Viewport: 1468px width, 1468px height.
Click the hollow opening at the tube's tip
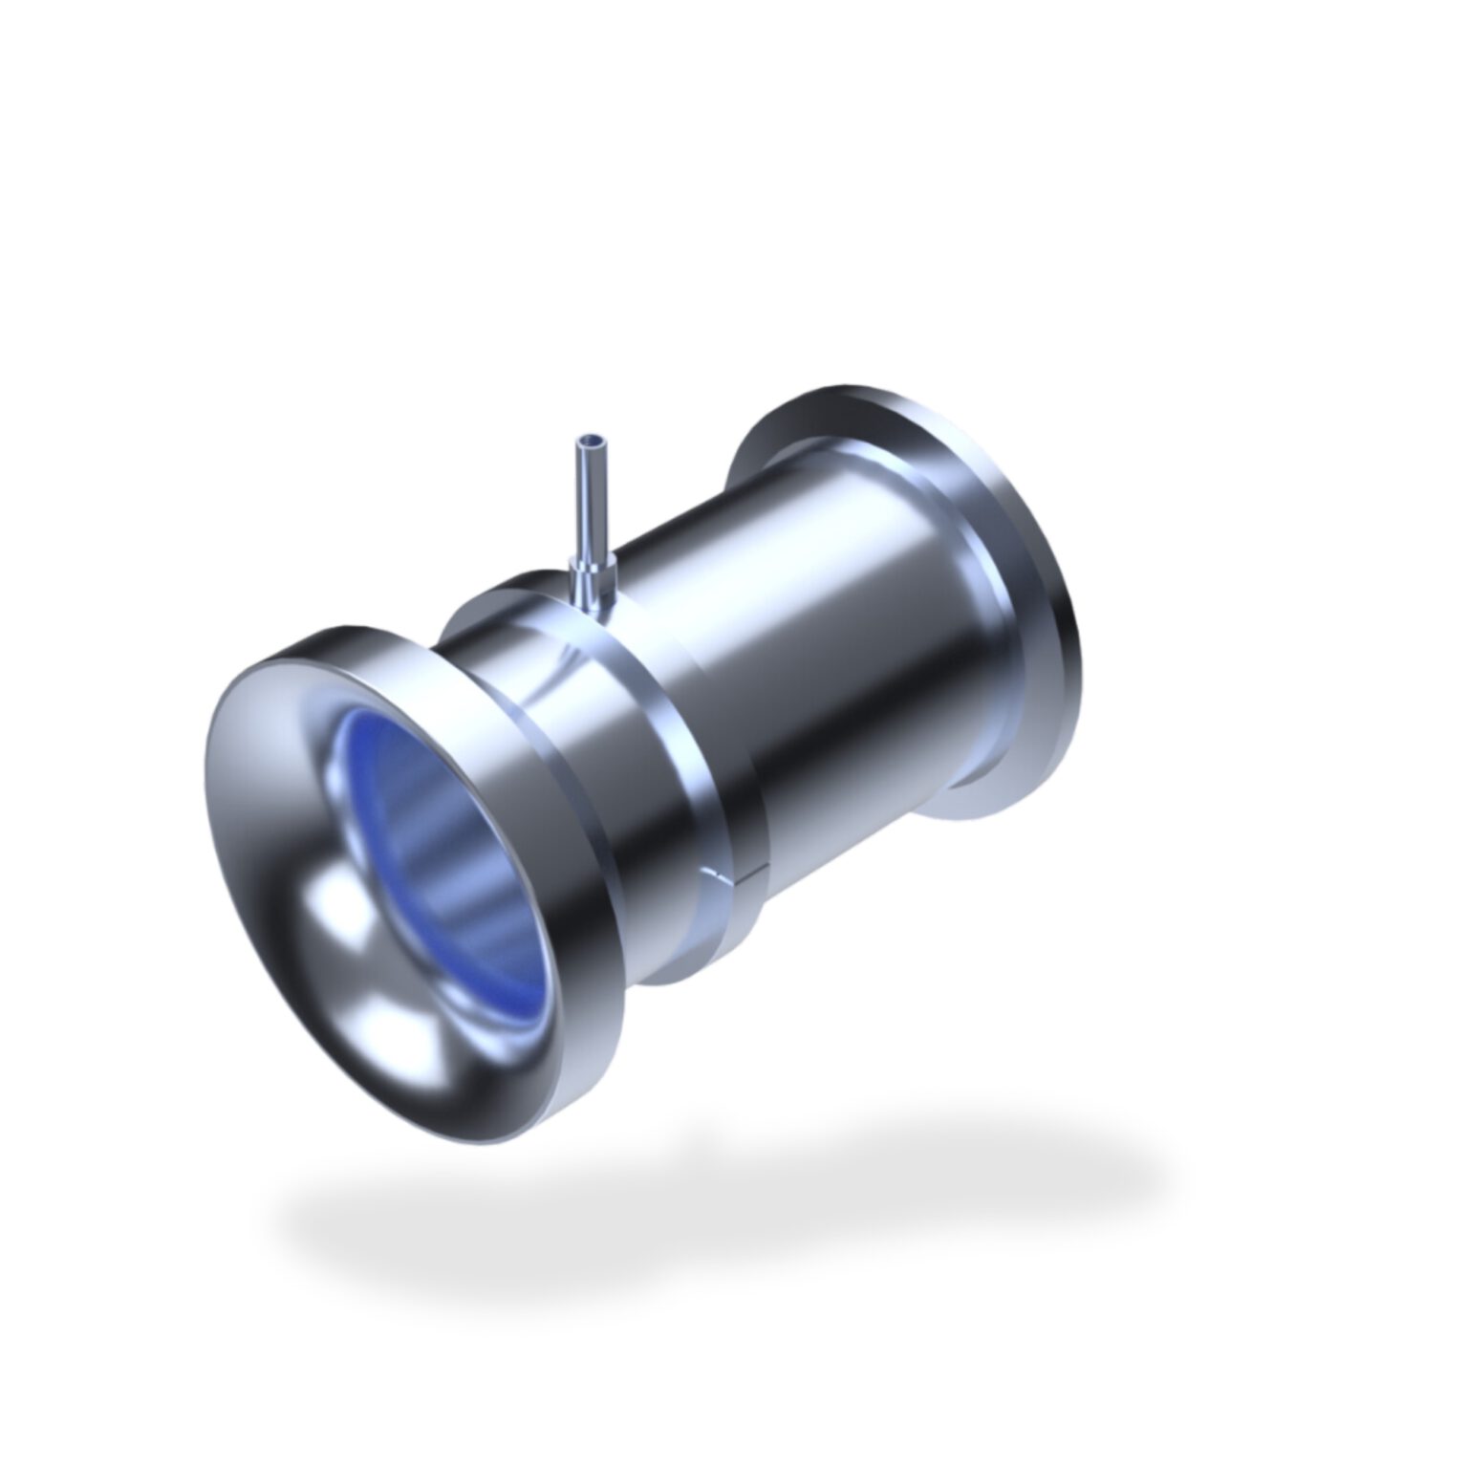pos(591,443)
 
